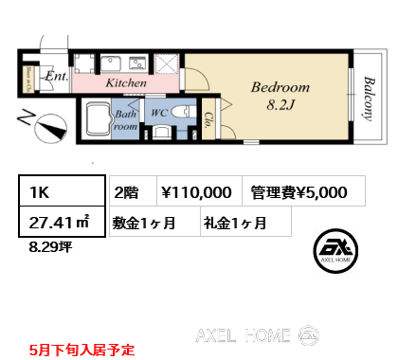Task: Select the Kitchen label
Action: coord(126,83)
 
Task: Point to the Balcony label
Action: coord(366,98)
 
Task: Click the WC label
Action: coord(159,113)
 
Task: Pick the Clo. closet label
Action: coord(209,118)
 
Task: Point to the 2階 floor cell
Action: coord(128,191)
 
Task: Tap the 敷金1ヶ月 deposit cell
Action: coord(151,224)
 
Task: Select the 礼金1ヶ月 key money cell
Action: coord(234,224)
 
